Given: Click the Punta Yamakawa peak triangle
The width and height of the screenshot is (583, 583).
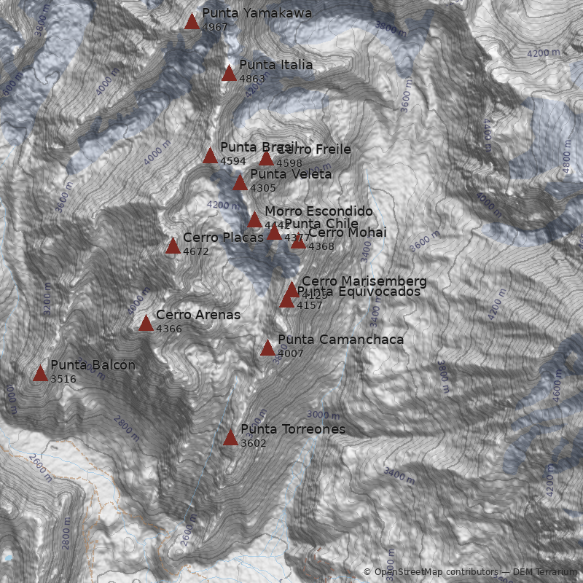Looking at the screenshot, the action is click(192, 22).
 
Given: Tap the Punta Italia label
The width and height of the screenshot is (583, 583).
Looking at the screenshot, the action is click(275, 65).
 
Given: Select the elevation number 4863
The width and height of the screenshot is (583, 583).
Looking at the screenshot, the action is click(252, 79).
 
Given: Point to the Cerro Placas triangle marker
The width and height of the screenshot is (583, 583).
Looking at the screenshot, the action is click(173, 246).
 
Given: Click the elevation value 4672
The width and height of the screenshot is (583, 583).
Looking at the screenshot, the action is click(196, 252).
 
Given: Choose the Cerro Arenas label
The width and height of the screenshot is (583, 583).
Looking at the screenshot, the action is click(197, 315).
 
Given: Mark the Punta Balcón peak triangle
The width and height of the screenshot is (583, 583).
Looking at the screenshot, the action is click(40, 375).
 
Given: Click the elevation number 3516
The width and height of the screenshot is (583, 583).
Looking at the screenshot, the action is click(63, 379).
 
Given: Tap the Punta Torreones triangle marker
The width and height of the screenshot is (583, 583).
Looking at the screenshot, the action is click(230, 438).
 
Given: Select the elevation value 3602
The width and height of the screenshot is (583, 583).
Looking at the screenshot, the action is click(254, 443).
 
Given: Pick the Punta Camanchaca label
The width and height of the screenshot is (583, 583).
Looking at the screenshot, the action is click(340, 340).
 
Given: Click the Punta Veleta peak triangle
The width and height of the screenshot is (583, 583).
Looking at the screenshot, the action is click(240, 183).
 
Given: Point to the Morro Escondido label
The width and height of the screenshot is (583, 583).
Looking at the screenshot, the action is click(318, 211).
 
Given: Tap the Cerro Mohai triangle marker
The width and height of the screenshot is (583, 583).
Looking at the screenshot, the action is click(298, 242).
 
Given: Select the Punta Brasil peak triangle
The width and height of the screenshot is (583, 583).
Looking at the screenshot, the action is click(210, 156).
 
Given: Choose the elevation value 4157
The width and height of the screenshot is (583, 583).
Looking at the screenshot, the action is click(309, 305).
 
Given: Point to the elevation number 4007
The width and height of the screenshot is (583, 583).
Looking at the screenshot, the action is click(290, 353).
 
